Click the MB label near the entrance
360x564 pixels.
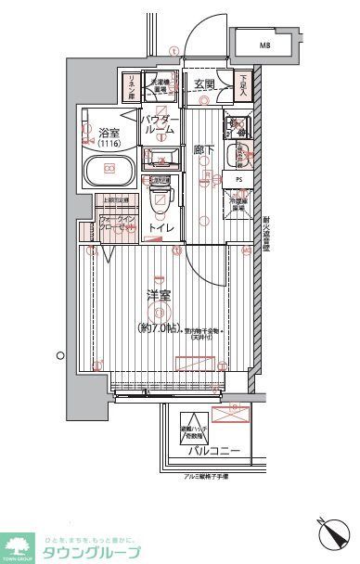264,44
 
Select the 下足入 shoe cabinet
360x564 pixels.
243,86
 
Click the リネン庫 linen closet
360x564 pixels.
130,86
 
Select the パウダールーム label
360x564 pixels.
159,126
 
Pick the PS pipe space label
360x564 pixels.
238,180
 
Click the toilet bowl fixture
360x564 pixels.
160,199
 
